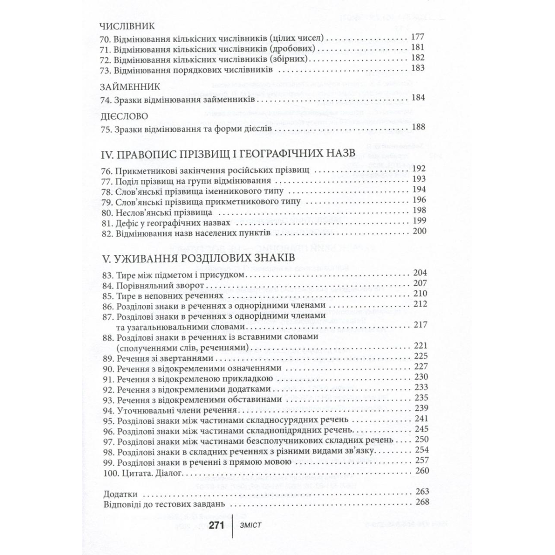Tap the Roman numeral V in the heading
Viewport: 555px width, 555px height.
tap(104, 257)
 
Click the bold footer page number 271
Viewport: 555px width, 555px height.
tap(216, 526)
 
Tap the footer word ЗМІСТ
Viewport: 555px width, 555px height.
tap(251, 526)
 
